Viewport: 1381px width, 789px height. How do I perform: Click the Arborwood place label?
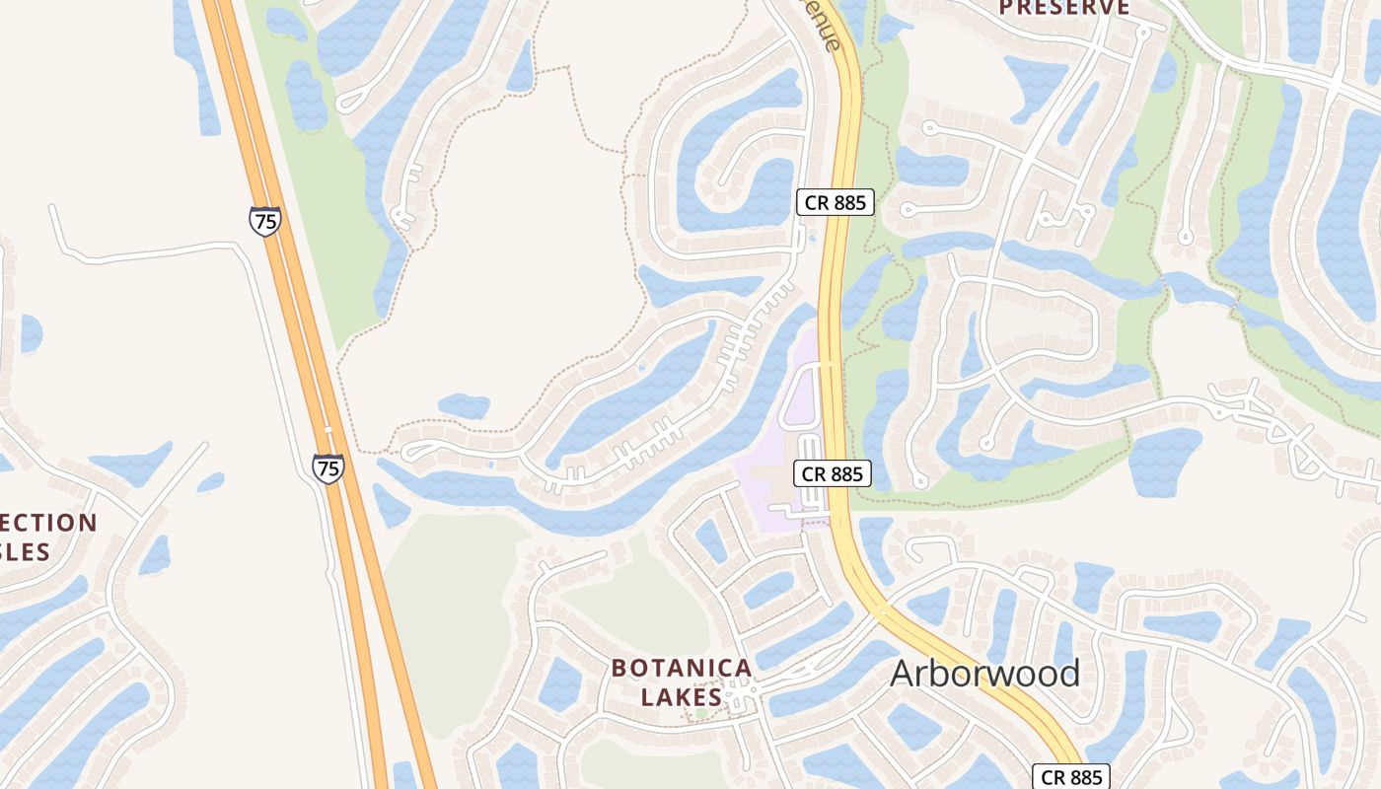click(984, 674)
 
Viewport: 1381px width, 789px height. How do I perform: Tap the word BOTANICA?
click(682, 668)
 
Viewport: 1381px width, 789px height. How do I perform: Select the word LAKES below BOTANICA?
click(682, 696)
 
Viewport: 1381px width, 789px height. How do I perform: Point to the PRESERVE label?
click(1064, 8)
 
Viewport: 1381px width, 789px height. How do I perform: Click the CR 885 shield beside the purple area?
click(833, 473)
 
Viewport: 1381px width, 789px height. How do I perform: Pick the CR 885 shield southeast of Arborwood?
click(1072, 776)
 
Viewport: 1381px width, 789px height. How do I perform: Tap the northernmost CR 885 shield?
click(835, 203)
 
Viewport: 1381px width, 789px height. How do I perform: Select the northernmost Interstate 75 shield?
click(264, 221)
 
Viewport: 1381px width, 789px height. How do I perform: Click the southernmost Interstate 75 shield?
click(328, 467)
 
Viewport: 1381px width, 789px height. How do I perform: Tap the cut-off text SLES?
click(25, 551)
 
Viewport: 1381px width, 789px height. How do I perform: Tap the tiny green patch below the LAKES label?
click(701, 713)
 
